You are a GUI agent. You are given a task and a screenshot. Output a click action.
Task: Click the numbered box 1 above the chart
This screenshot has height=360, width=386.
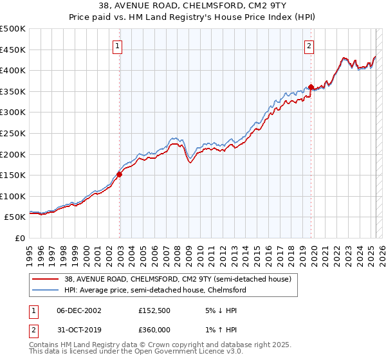(119, 45)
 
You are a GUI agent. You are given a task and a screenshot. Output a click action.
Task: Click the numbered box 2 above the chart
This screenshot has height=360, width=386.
(309, 45)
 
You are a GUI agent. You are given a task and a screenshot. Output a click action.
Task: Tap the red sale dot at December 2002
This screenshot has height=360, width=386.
(120, 174)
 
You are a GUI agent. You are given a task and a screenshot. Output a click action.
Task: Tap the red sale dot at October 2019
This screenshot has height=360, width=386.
(311, 87)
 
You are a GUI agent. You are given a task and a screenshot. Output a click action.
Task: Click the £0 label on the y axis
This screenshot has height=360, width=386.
(19, 238)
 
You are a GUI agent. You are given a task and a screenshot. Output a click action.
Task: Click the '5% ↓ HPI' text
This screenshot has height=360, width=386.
(216, 310)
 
